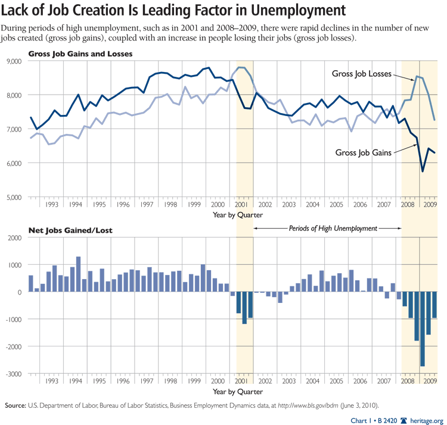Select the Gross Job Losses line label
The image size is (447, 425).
coord(361,74)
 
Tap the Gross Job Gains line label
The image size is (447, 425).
coord(362,152)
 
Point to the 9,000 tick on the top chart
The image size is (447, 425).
coord(13,61)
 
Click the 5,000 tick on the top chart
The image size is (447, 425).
coord(13,197)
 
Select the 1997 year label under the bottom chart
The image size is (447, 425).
coord(147,381)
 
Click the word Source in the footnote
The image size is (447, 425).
coord(15,405)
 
